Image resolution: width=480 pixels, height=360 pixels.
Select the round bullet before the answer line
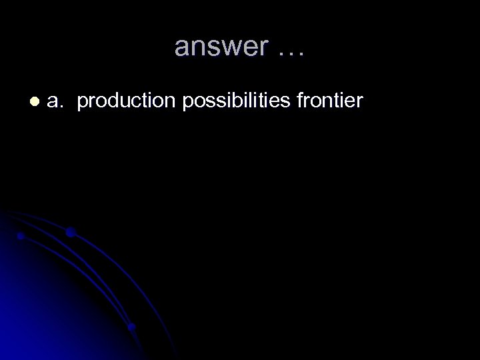[34, 101]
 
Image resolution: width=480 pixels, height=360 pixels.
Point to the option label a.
[56, 101]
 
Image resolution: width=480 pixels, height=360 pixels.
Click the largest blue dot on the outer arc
[70, 233]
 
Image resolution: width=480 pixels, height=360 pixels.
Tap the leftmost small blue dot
[21, 235]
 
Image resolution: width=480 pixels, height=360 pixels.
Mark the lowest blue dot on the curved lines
[131, 327]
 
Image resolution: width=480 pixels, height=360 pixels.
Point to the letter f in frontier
[301, 101]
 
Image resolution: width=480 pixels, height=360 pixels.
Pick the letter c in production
[135, 102]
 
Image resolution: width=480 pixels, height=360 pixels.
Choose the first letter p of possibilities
[182, 103]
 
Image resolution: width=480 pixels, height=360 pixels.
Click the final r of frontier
[360, 102]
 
